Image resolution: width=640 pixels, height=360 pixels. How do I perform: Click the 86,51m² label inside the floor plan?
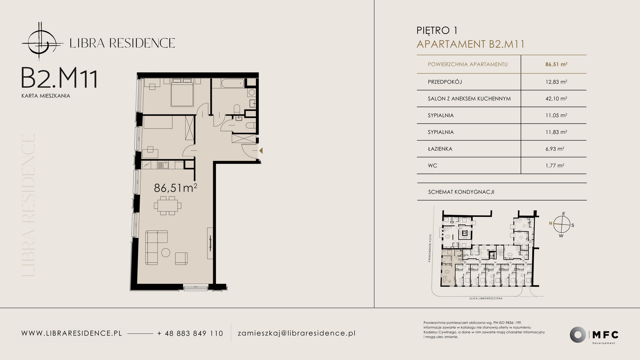pyautogui.click(x=176, y=188)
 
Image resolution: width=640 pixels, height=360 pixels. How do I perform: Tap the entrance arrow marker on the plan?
pyautogui.click(x=261, y=150)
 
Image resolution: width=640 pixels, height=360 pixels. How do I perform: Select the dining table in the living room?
pyautogui.click(x=168, y=206)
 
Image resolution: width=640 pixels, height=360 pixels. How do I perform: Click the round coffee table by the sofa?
pyautogui.click(x=166, y=252)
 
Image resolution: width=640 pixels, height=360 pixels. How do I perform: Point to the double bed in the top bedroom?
pyautogui.click(x=182, y=92)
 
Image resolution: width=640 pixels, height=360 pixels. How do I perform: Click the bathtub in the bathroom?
pyautogui.click(x=232, y=83)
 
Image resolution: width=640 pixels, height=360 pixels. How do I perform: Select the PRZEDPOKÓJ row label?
pyautogui.click(x=445, y=82)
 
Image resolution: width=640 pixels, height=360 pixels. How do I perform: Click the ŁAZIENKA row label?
pyautogui.click(x=440, y=149)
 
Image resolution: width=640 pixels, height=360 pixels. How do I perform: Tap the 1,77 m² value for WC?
pyautogui.click(x=554, y=166)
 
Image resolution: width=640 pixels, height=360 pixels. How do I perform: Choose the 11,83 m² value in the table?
pyautogui.click(x=556, y=132)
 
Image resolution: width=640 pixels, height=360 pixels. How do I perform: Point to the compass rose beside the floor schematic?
pyautogui.click(x=562, y=224)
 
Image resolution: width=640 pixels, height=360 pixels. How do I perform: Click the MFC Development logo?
pyautogui.click(x=594, y=335)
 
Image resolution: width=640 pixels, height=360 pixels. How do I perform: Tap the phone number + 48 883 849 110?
pyautogui.click(x=190, y=334)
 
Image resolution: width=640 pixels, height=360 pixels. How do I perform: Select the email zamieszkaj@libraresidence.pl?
pyautogui.click(x=296, y=334)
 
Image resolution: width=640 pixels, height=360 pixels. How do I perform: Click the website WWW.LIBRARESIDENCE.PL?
pyautogui.click(x=72, y=334)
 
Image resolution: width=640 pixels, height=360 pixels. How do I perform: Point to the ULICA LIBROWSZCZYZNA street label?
pyautogui.click(x=486, y=298)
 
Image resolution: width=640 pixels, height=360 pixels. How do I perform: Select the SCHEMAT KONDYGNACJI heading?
pyautogui.click(x=461, y=192)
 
